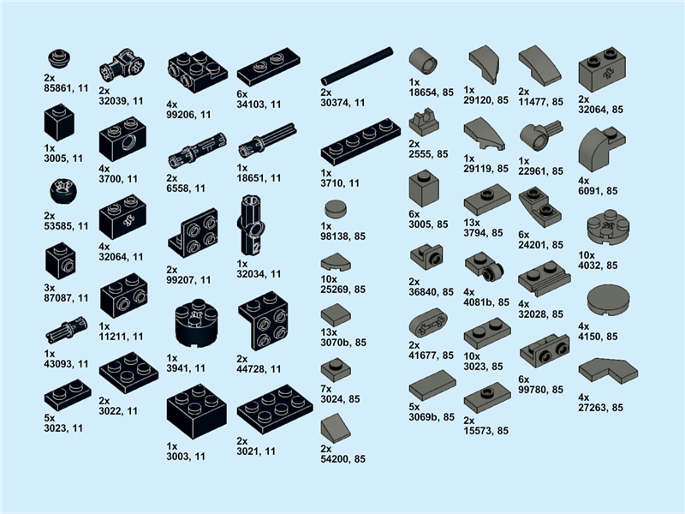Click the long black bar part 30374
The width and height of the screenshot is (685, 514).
pyautogui.click(x=357, y=67)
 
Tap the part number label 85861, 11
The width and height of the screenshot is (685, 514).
pyautogui.click(x=66, y=88)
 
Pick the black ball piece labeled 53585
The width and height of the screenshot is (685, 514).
pyautogui.click(x=63, y=191)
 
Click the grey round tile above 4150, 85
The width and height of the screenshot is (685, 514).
pyautogui.click(x=609, y=300)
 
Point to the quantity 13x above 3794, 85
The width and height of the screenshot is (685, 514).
pyautogui.click(x=472, y=223)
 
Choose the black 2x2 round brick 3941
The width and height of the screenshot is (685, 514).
pyautogui.click(x=196, y=324)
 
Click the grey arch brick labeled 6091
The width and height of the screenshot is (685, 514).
pyautogui.click(x=602, y=150)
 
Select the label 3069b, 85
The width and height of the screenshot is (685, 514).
pyautogui.click(x=432, y=417)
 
